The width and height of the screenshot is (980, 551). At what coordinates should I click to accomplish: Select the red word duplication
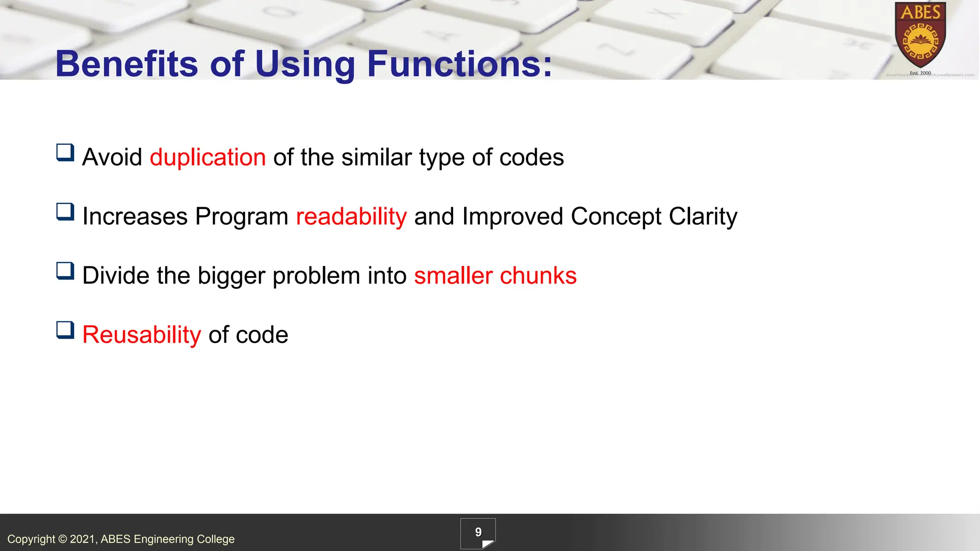pos(208,157)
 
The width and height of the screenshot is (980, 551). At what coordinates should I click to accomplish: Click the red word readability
pos(351,216)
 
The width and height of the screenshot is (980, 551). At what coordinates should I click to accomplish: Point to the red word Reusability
pos(142,334)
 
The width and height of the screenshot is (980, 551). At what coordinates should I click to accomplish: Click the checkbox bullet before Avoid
pos(65,153)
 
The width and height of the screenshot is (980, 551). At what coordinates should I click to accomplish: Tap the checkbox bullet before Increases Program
pos(65,212)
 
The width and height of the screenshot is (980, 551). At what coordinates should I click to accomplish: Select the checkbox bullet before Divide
pos(65,271)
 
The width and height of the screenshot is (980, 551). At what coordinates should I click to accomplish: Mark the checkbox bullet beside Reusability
pos(65,330)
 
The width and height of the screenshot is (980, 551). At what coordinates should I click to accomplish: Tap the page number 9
pos(478,532)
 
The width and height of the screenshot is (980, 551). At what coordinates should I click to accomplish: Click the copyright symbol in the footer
pos(63,539)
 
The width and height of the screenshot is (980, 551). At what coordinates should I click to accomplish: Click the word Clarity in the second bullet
pos(702,216)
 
